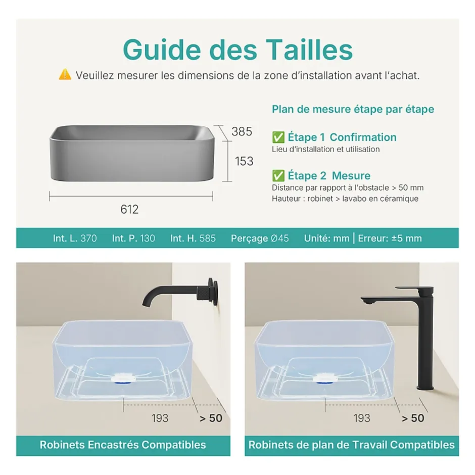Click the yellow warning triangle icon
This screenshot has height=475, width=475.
65,74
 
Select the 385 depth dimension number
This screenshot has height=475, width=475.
242,131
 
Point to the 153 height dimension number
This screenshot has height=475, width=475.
244,161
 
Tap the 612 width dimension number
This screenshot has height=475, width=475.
129,209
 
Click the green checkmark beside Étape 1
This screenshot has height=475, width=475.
278,137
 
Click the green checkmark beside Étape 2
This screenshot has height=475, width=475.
278,176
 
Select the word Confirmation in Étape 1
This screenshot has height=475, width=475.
363,137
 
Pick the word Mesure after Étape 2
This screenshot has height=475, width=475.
351,176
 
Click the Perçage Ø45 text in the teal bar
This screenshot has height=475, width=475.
260,239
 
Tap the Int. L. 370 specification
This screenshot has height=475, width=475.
75,239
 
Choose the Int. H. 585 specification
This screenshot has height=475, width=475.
193,239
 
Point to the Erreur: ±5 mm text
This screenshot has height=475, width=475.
390,239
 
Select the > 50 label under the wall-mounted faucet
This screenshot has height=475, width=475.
211,418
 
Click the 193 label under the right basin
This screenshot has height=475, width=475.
362,418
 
